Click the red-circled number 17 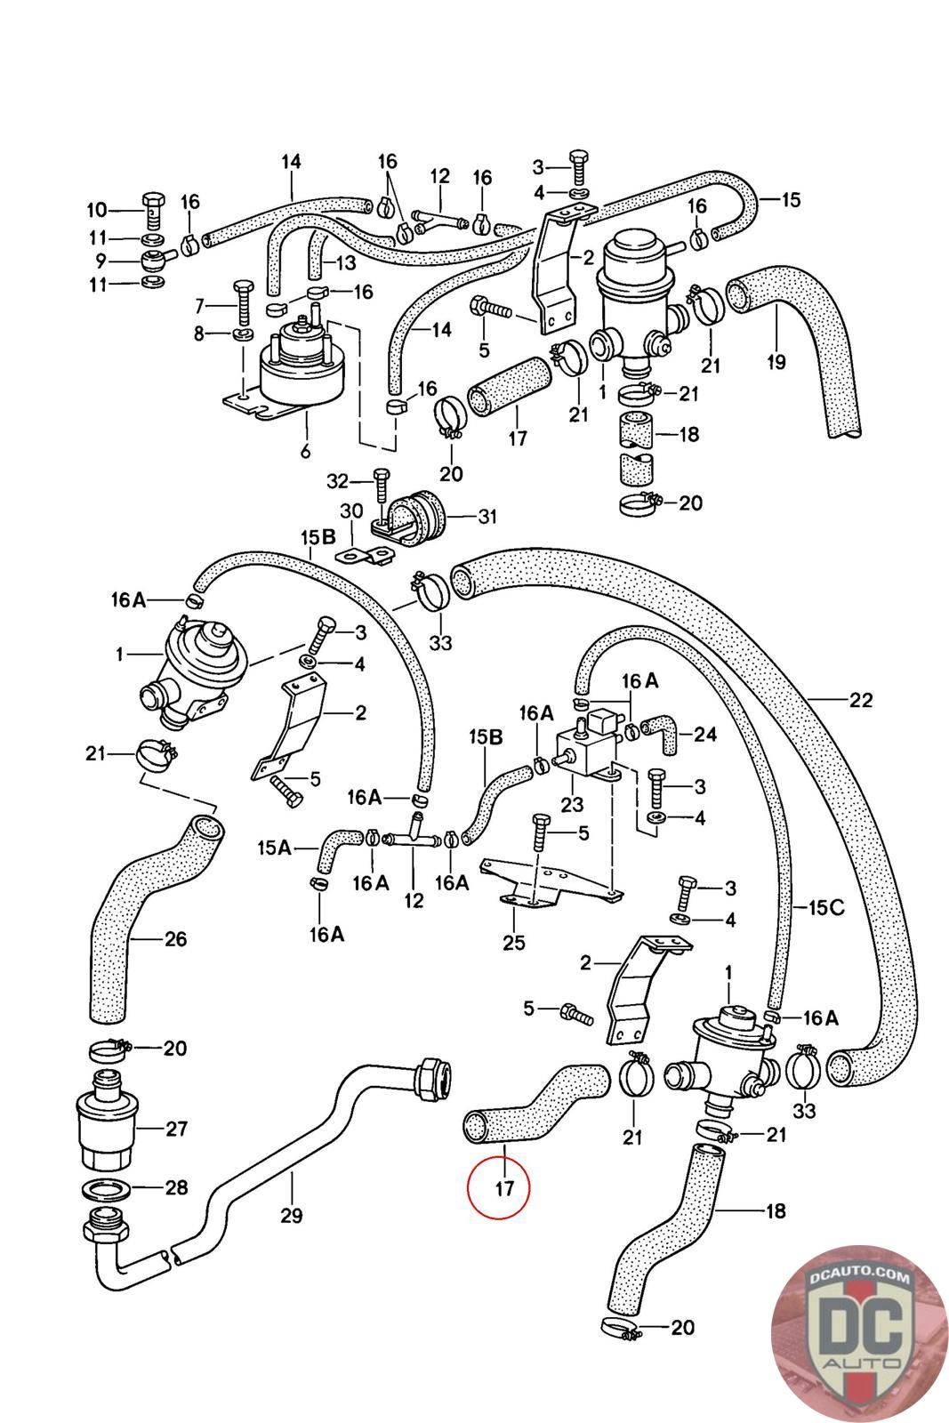coord(504,1188)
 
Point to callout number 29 coord(291,1214)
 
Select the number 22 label coord(860,700)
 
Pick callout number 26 coord(175,938)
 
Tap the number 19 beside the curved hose coord(776,361)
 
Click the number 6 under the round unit coord(305,452)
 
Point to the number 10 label coord(96,210)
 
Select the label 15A coord(274,848)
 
